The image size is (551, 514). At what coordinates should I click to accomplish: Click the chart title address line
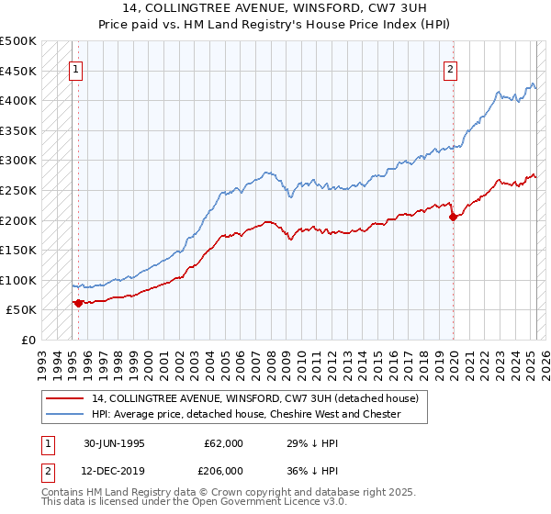click(x=275, y=9)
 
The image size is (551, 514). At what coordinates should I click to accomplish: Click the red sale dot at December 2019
click(x=454, y=217)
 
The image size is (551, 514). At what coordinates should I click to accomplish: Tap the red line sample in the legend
click(x=65, y=398)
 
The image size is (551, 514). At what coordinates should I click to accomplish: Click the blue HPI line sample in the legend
click(x=65, y=414)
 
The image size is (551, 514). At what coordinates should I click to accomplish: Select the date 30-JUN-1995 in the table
click(x=113, y=443)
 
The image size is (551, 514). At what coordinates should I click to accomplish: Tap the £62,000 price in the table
click(x=223, y=443)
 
